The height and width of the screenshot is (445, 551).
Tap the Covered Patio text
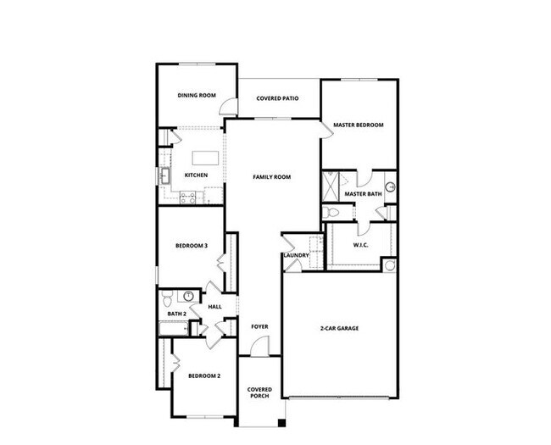(x=277, y=98)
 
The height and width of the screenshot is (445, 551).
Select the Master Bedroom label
(x=358, y=125)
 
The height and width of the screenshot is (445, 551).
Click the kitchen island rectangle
(x=204, y=158)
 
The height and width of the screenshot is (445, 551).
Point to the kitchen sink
(x=164, y=175)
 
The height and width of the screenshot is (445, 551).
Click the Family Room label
(x=272, y=177)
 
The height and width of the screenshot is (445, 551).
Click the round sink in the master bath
(x=391, y=187)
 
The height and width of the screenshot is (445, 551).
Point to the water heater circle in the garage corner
(x=390, y=266)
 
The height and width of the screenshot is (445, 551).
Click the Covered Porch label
(x=259, y=394)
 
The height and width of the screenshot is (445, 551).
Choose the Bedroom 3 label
(x=192, y=246)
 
